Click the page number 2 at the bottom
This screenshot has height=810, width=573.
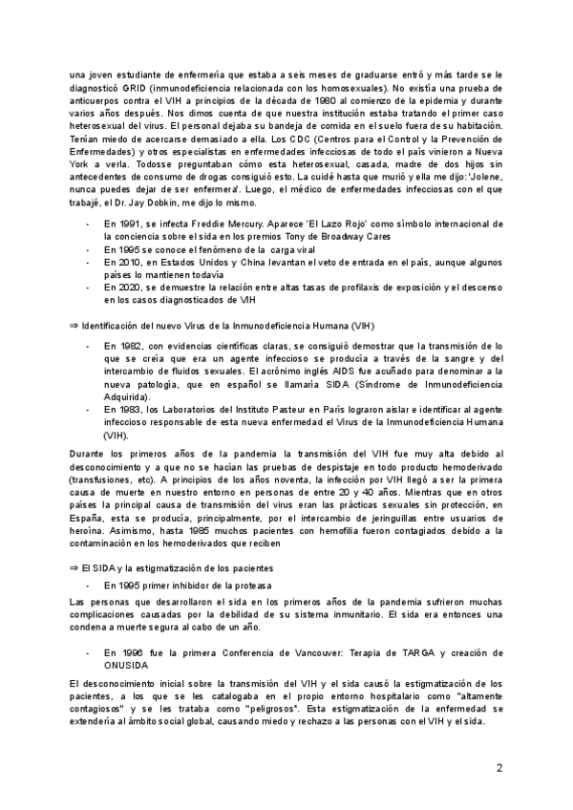[498, 768]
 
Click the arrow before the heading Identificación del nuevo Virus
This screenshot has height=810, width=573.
[74, 326]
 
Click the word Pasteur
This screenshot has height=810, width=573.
[306, 409]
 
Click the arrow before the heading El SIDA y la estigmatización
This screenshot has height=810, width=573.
[74, 567]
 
